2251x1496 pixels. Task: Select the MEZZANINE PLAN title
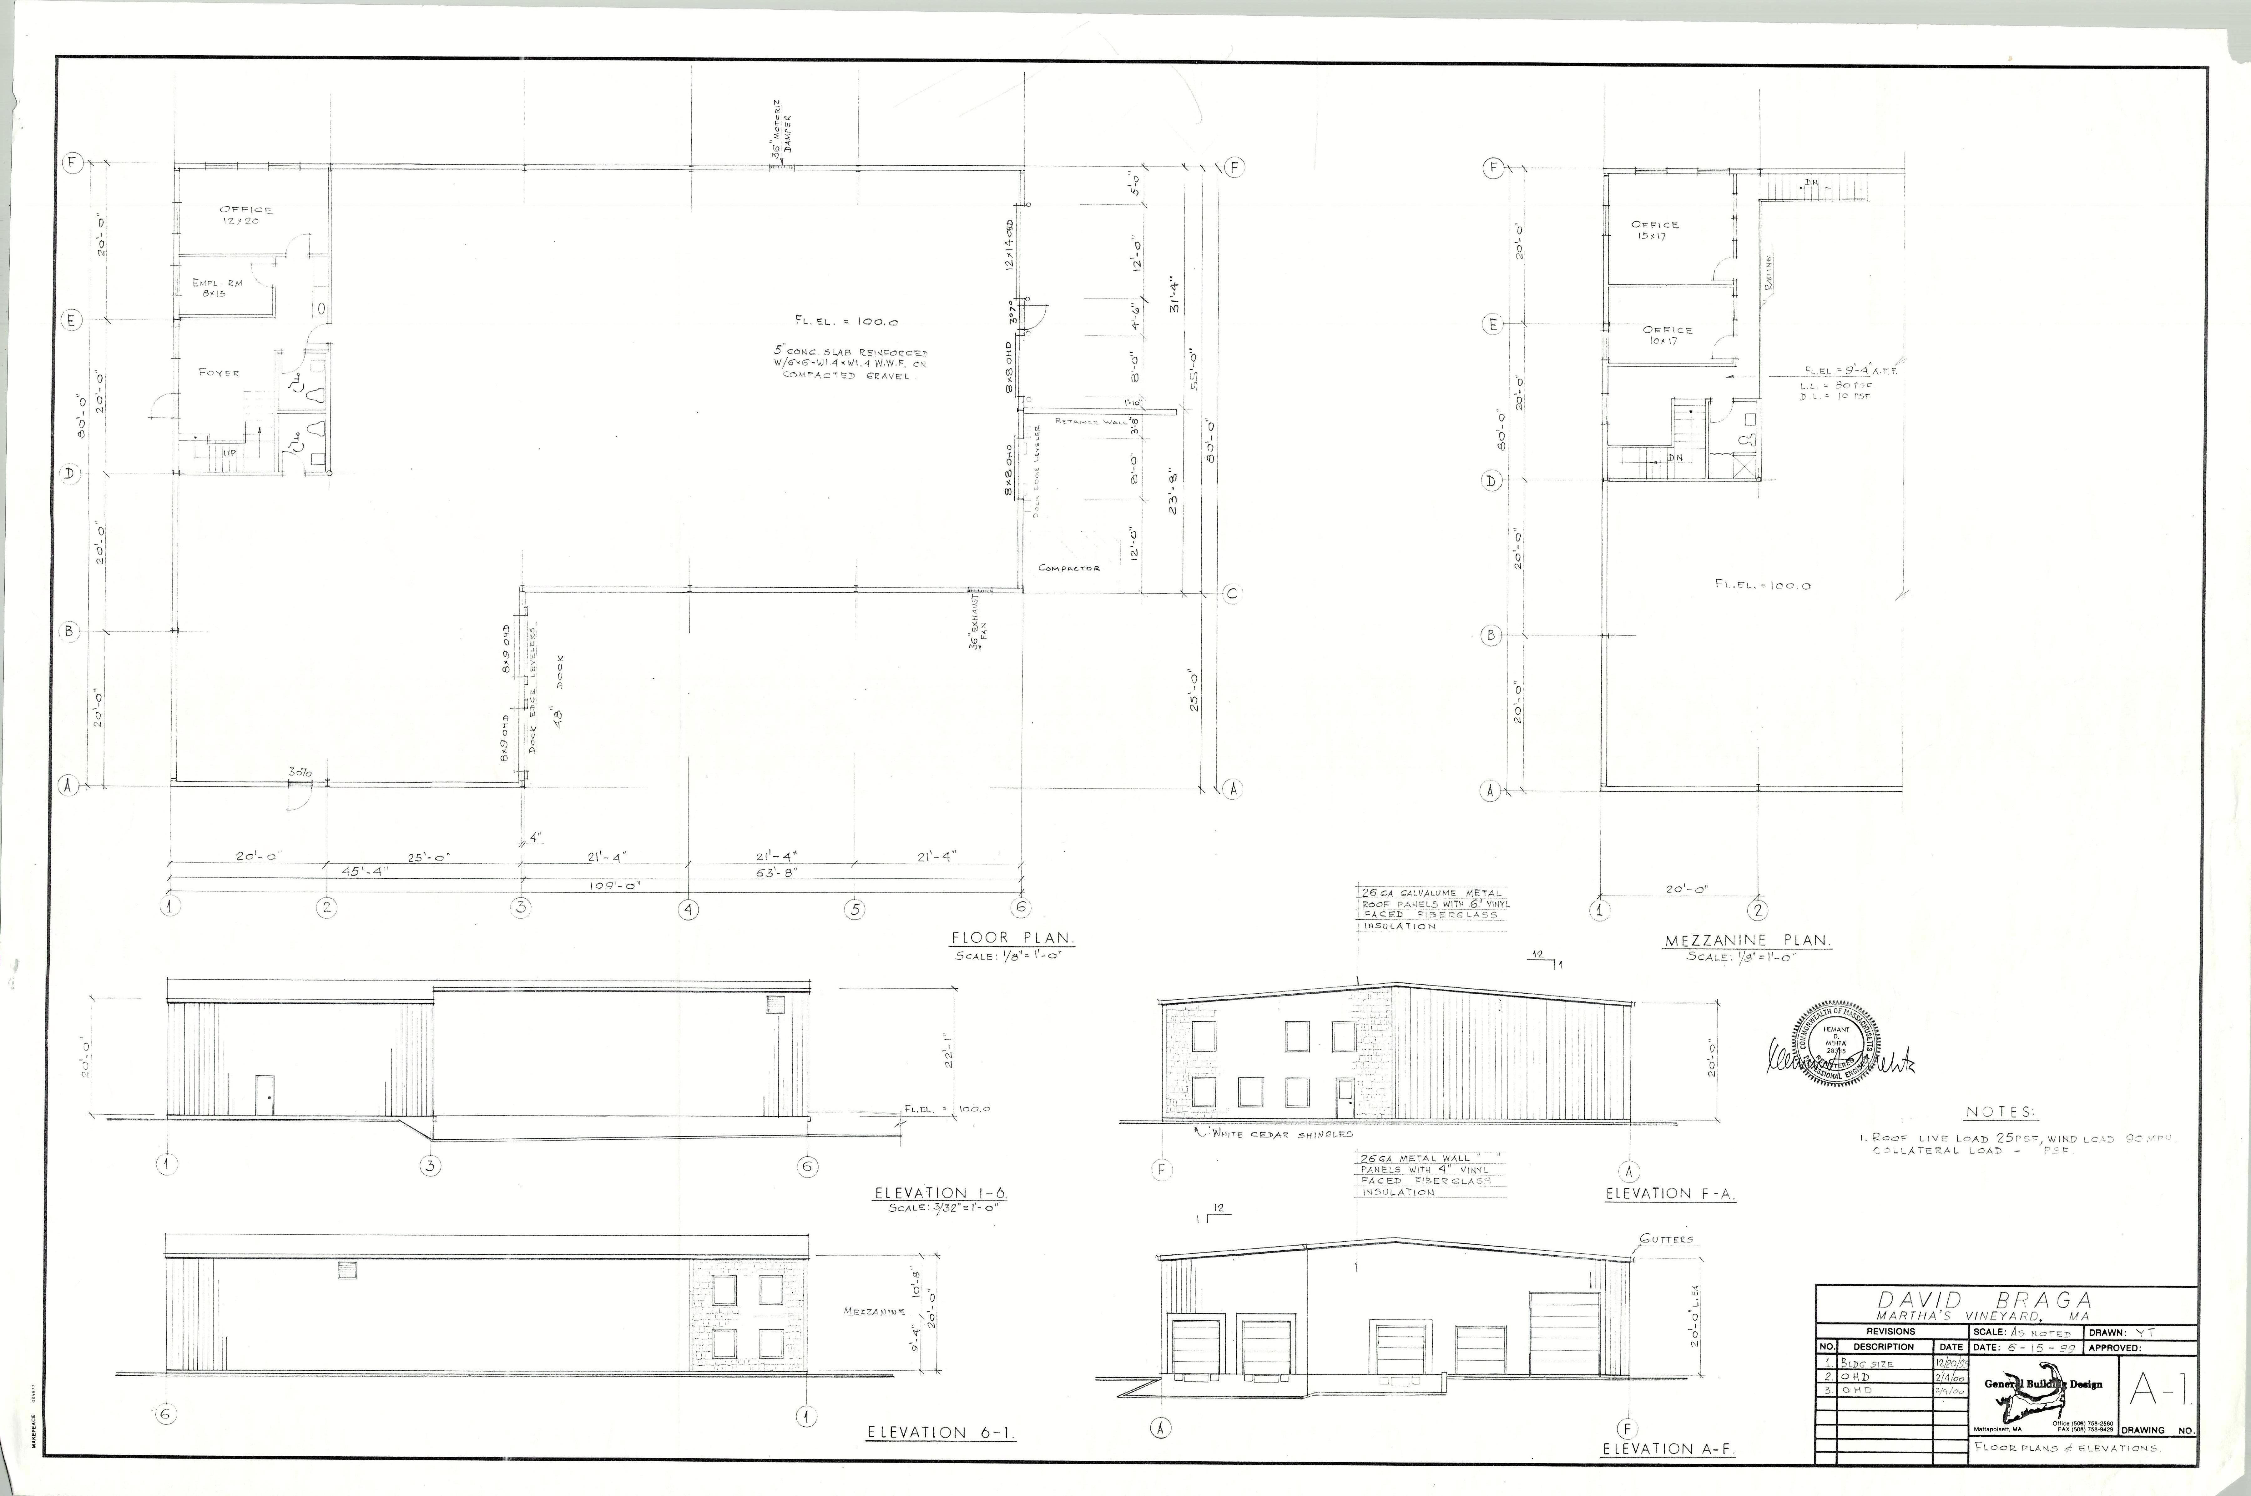(1747, 941)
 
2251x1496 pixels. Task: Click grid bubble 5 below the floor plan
(855, 909)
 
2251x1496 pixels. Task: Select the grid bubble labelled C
(1231, 594)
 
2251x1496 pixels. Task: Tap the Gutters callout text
(1666, 1239)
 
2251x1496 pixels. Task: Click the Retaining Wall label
(1091, 421)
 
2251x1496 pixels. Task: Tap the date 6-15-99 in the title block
(2031, 1348)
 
